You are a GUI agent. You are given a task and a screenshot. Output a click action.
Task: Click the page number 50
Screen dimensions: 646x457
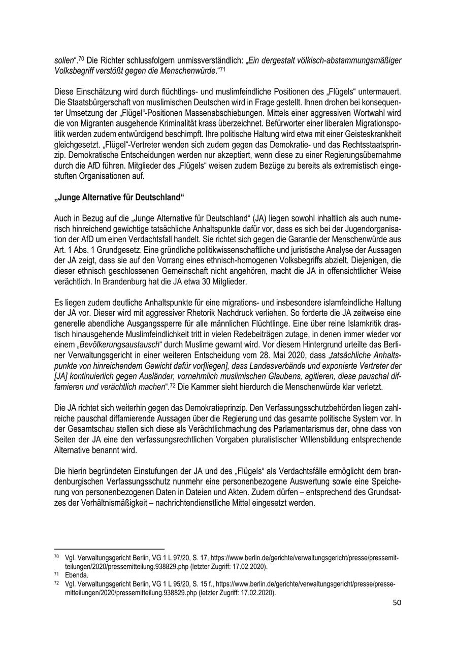[397, 603]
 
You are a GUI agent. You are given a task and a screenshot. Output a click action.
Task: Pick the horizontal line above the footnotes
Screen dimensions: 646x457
[109, 548]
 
